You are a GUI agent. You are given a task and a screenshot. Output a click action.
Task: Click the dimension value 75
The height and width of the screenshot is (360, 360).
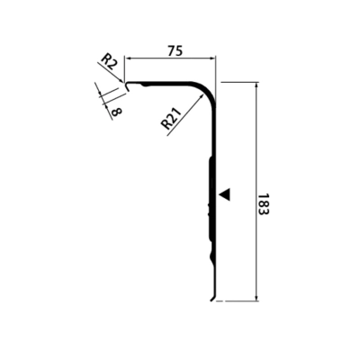point(175,50)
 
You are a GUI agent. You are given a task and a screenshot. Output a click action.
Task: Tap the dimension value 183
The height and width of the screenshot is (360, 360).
point(263,204)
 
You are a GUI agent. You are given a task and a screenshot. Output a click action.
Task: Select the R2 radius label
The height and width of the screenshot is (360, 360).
point(108,62)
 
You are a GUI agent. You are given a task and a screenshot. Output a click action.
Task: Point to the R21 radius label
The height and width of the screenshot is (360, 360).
point(171,119)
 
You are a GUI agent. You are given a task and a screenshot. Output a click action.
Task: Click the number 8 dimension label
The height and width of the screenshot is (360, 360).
point(116,112)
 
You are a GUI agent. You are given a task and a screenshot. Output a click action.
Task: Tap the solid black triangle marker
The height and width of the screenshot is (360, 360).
point(225,194)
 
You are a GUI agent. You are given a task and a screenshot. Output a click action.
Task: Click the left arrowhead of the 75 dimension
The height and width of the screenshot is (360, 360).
point(128,58)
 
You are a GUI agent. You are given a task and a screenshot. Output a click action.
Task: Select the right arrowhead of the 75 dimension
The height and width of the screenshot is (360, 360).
point(212,58)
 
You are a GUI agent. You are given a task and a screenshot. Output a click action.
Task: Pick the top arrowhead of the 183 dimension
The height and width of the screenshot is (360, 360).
point(256,85)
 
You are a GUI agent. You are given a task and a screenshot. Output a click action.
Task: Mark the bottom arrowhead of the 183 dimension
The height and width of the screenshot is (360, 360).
point(256,297)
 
